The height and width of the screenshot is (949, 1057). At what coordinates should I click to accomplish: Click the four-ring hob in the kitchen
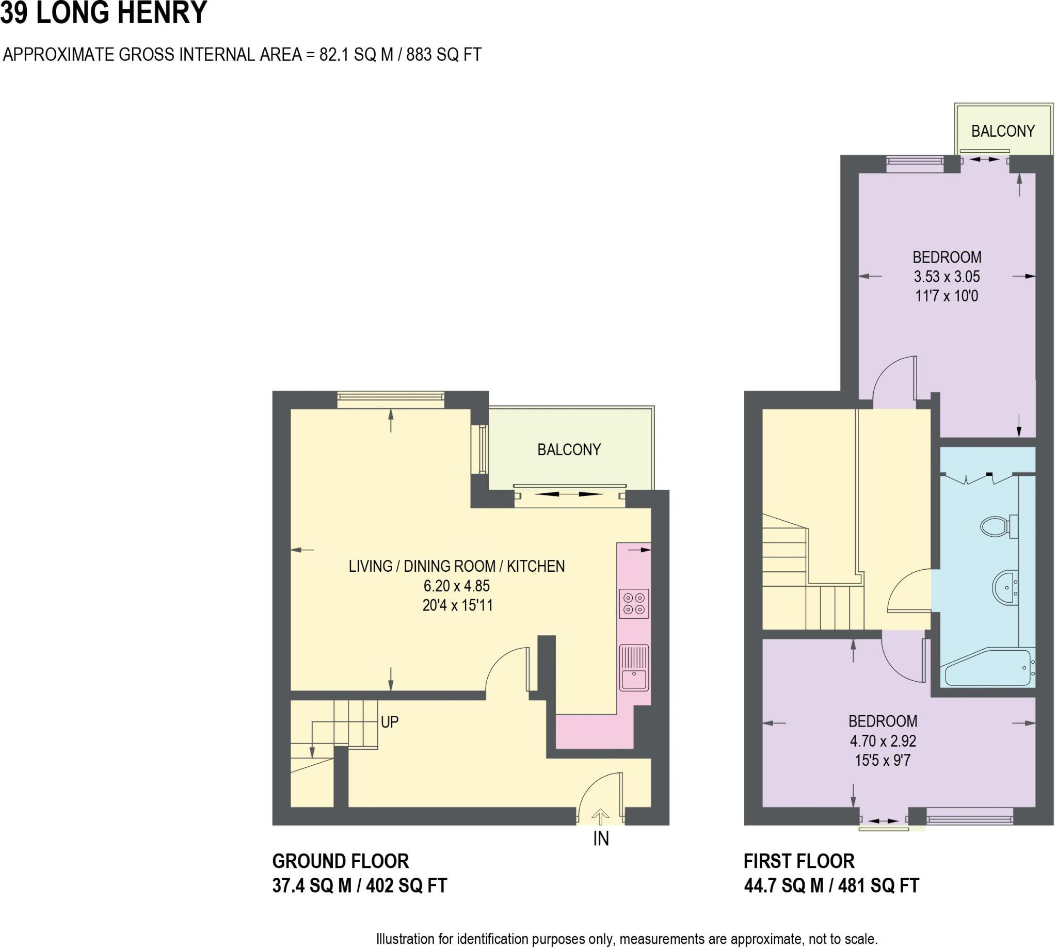click(634, 603)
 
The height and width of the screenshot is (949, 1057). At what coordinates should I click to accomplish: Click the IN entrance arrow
click(601, 816)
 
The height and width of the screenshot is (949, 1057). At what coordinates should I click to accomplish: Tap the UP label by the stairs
click(390, 721)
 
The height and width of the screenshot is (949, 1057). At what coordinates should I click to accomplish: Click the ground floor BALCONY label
click(569, 449)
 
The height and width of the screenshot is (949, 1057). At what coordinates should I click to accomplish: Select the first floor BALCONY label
click(1002, 131)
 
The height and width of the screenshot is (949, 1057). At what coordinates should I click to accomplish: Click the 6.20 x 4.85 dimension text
click(456, 586)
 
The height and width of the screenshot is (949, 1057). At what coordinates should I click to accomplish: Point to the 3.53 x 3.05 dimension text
click(946, 277)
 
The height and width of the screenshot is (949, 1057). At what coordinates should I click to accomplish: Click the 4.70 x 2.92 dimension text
click(883, 741)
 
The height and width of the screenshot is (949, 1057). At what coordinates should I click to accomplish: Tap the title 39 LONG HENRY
click(103, 12)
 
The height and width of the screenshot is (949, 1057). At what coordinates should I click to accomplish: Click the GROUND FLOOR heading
click(341, 861)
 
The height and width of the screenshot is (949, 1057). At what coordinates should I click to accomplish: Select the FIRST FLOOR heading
click(799, 861)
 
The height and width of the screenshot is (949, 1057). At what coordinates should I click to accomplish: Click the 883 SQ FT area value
click(443, 54)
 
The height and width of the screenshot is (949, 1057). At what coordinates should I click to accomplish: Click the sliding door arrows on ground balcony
click(569, 493)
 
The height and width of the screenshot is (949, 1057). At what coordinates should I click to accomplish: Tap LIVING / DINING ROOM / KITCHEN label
click(456, 566)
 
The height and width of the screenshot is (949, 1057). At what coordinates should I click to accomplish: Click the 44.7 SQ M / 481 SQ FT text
click(831, 886)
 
